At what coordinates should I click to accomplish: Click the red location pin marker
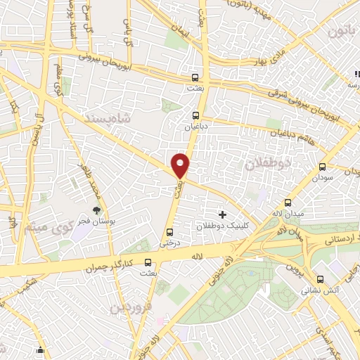coord(181,165)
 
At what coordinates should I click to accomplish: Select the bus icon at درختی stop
coord(169,233)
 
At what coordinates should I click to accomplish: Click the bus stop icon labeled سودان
coord(323,167)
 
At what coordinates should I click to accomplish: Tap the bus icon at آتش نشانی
coord(319,278)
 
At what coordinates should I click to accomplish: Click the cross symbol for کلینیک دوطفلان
coord(223,214)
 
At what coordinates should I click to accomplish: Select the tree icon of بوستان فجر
coord(96,210)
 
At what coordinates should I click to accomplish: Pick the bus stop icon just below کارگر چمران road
coord(147,262)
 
